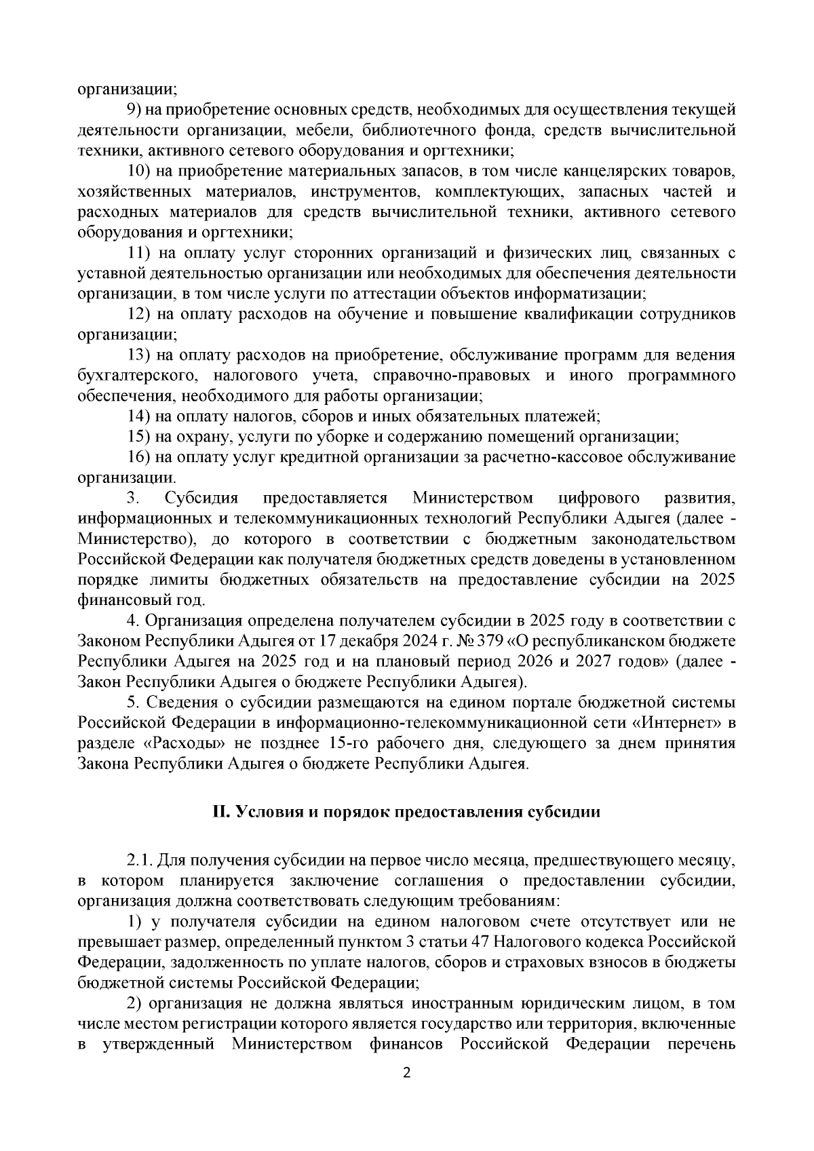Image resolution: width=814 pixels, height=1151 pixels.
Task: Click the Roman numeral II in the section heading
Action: [219, 812]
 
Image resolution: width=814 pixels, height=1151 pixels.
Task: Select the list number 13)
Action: [139, 355]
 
